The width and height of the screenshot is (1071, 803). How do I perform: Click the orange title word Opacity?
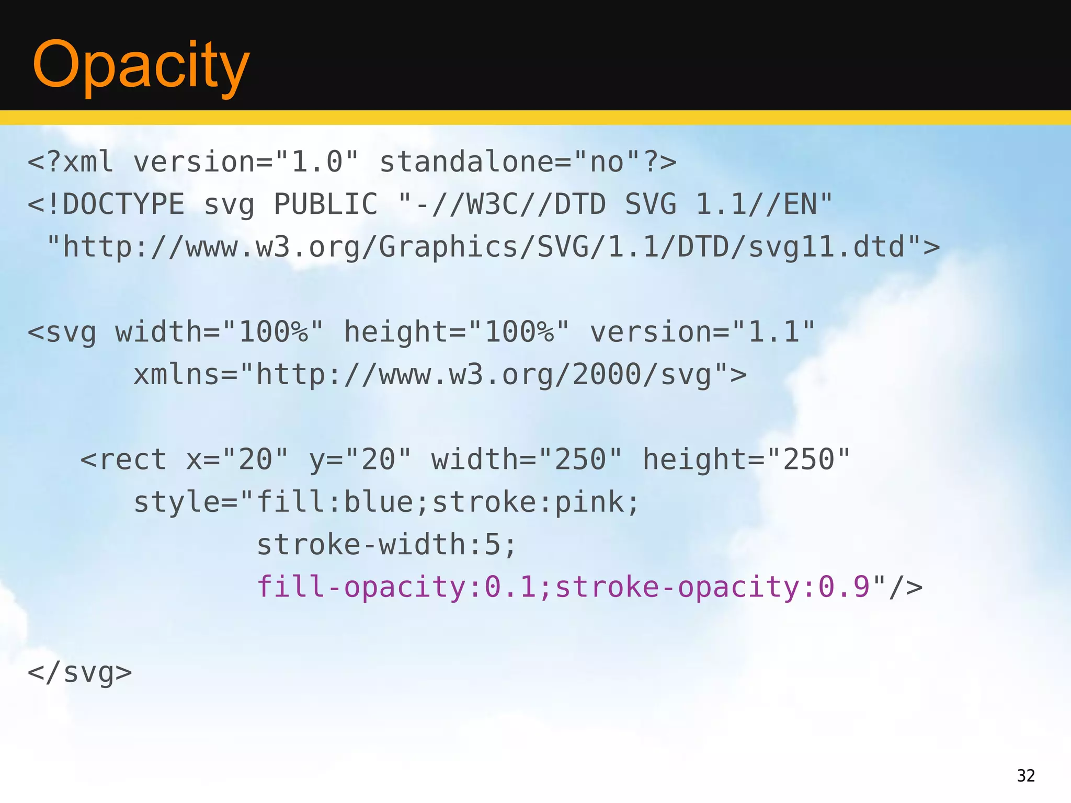140,65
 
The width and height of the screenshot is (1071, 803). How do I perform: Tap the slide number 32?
1026,775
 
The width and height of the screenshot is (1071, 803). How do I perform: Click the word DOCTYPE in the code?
123,204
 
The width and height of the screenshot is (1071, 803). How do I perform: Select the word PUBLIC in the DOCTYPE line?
325,204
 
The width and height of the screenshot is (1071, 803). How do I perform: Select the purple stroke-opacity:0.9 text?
712,587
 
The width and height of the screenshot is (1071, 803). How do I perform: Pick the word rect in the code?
133,460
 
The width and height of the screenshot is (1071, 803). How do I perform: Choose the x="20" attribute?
237,460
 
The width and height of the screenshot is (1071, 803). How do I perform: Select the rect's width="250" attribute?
527,460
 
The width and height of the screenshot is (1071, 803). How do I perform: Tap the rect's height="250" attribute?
747,460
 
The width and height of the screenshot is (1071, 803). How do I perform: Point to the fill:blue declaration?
335,502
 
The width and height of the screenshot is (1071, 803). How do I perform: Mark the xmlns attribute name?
177,374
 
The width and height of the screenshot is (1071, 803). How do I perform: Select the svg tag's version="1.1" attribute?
703,332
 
